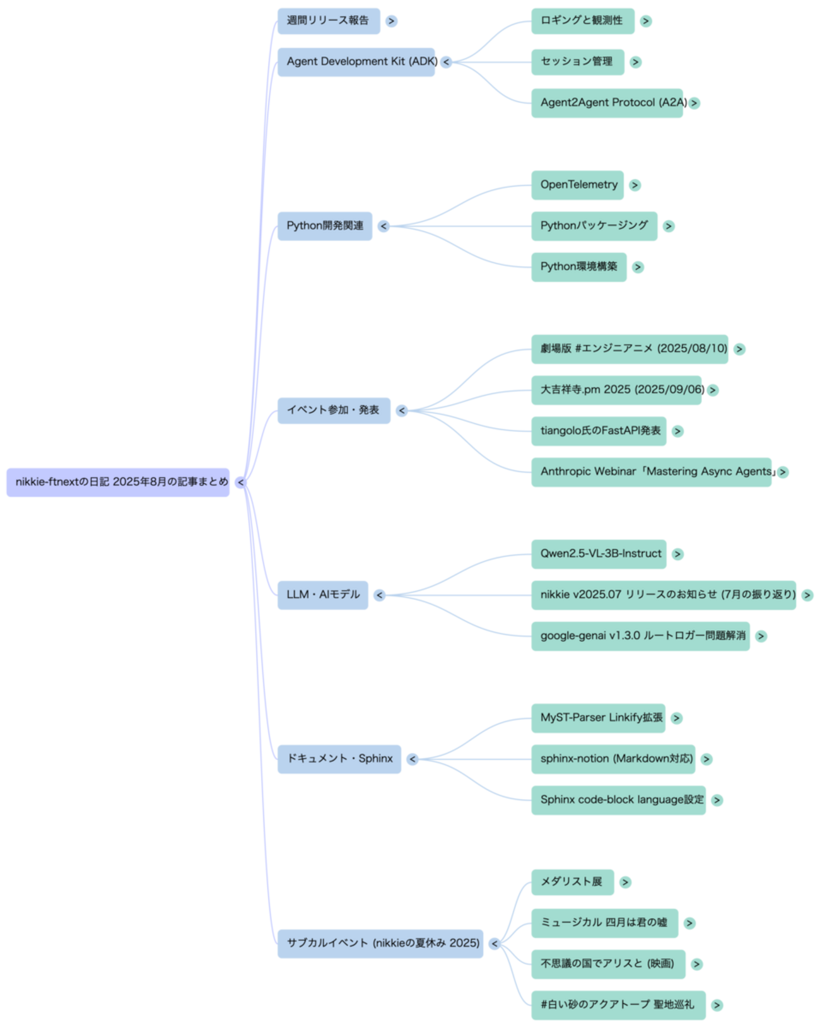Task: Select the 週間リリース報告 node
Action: tap(328, 21)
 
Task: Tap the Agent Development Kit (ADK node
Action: tap(356, 62)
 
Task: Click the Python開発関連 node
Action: tap(325, 226)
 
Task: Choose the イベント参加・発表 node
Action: tap(334, 410)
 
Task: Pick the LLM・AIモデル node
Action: tap(322, 595)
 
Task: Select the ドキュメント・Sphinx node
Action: tap(339, 759)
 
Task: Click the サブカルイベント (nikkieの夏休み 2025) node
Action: tap(380, 943)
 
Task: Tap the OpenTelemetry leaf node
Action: tap(578, 185)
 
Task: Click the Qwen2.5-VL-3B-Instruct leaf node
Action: tap(599, 554)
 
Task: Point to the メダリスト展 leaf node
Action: tap(572, 882)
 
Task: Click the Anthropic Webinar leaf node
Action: tap(651, 472)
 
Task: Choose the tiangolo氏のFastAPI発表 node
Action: tap(599, 431)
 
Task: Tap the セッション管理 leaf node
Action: tap(578, 62)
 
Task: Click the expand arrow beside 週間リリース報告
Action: tap(392, 21)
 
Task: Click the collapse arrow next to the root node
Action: tap(241, 482)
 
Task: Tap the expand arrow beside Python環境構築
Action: tap(638, 267)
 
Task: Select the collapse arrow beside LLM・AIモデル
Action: tap(379, 595)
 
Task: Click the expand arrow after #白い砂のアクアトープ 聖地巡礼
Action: tap(717, 1005)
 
